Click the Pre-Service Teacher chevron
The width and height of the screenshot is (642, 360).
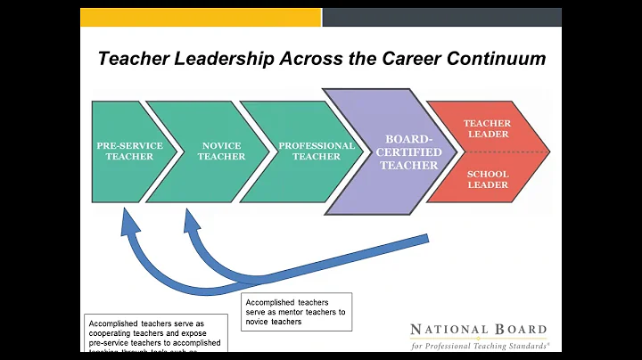[125, 151]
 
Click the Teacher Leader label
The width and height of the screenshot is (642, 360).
[487, 128]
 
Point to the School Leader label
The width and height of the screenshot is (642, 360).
[487, 179]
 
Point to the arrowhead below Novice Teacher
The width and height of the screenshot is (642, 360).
[188, 218]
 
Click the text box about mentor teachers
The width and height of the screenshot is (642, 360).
[296, 312]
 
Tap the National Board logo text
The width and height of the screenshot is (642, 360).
[474, 330]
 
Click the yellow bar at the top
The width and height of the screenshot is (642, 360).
[200, 17]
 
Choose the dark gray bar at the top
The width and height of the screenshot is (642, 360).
[441, 17]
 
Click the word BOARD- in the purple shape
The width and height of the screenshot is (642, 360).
[411, 139]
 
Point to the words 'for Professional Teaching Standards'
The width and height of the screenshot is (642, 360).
[480, 344]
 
